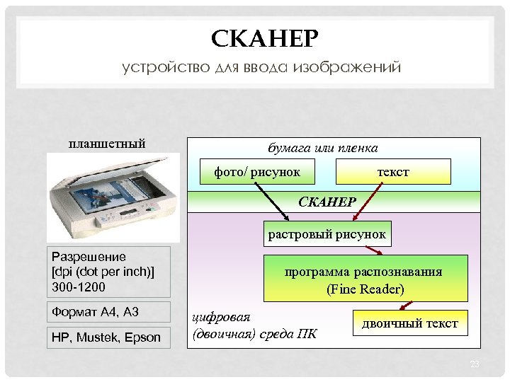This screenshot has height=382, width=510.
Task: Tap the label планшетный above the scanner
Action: [107, 144]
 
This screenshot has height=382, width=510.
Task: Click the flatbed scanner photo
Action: [110, 197]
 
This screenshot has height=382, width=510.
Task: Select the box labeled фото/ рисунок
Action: [257, 171]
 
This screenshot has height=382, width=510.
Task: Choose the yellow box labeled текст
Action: [392, 171]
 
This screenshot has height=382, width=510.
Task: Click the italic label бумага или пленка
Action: [322, 148]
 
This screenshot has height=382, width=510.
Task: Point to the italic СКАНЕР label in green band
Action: [327, 202]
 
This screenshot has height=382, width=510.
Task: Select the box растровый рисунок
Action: [327, 233]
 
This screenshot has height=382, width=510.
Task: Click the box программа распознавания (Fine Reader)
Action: [364, 279]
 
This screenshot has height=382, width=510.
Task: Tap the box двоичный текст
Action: [410, 324]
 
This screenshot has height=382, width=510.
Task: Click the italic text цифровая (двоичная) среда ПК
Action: [255, 325]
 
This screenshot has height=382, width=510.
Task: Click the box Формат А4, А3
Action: [108, 312]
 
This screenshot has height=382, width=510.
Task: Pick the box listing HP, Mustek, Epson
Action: [108, 337]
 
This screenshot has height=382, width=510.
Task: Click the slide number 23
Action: [475, 364]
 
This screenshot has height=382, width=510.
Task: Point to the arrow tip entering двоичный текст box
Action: [399, 308]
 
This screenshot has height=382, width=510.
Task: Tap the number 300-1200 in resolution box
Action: [78, 287]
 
